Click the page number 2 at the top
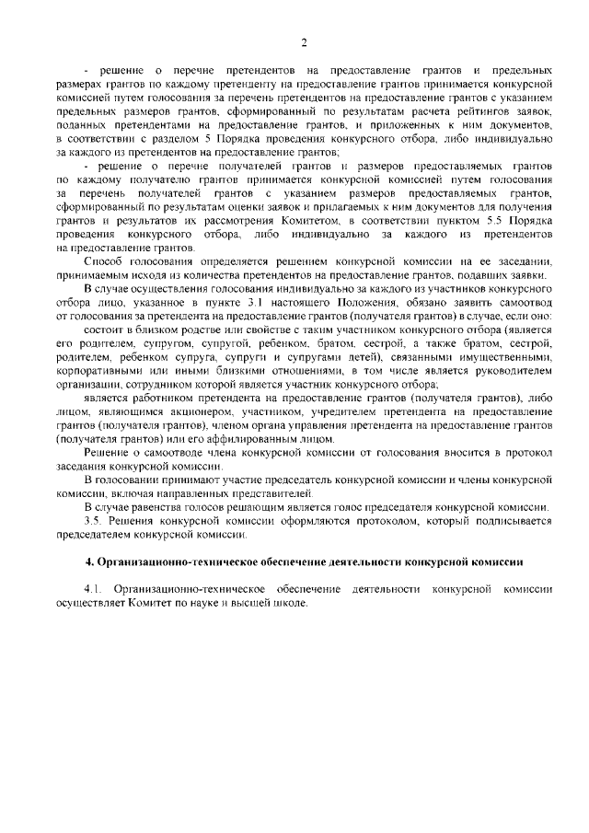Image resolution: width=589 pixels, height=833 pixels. click(x=302, y=41)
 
